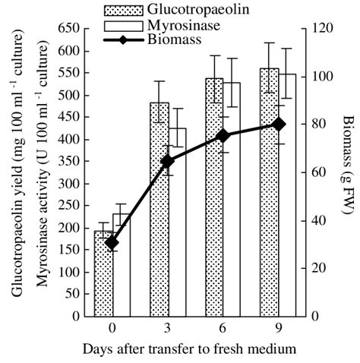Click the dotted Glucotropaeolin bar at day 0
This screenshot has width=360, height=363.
point(103,273)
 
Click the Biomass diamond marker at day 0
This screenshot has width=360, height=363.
point(112,243)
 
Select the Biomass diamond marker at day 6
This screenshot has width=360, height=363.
point(223,135)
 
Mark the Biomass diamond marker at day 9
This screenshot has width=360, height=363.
point(279,124)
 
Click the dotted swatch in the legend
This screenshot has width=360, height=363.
point(122,10)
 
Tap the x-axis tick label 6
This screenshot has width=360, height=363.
point(223,328)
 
